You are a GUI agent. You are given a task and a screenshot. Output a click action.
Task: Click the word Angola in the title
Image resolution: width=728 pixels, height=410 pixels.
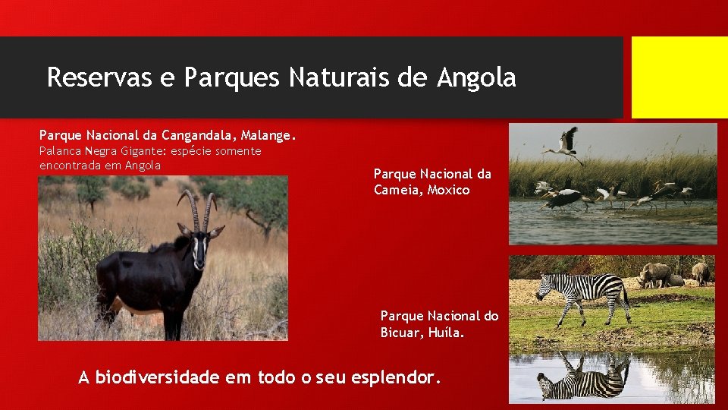[476, 77]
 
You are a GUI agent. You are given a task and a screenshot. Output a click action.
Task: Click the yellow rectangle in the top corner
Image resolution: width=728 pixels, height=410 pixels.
[679, 77]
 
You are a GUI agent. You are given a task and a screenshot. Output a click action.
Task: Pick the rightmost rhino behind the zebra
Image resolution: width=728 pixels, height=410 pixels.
[701, 271]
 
